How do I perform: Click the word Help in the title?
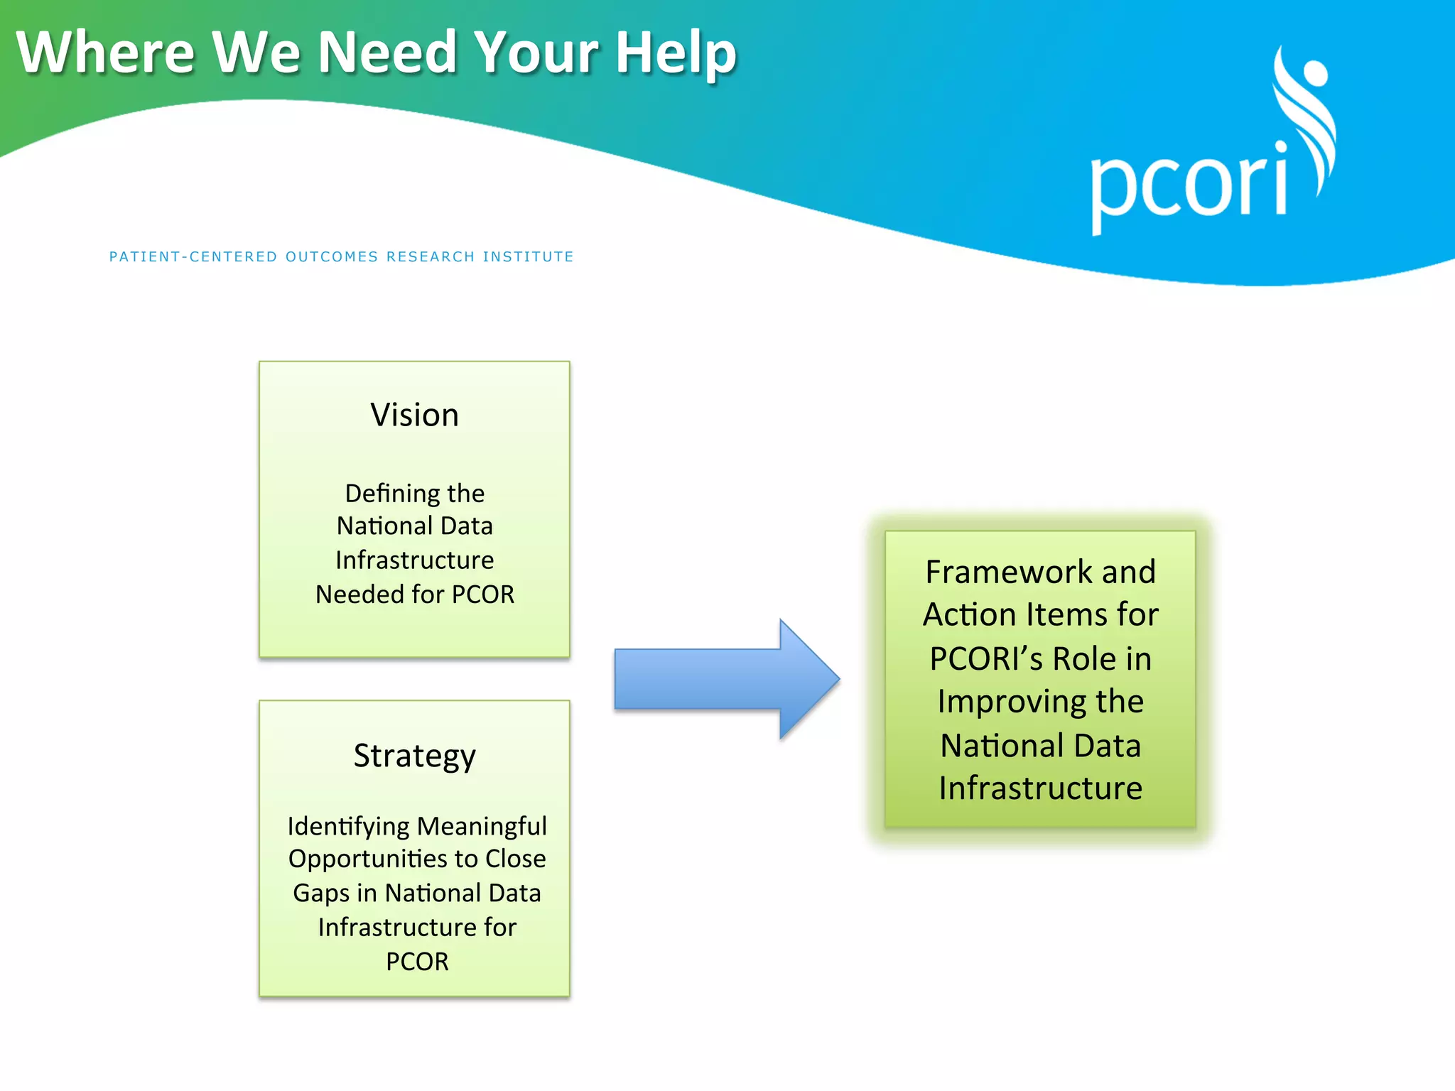(x=675, y=53)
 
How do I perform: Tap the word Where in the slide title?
(x=105, y=53)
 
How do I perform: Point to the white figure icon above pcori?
(x=1306, y=114)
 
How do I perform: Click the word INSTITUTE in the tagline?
(x=528, y=256)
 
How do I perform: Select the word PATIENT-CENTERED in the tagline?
(x=193, y=256)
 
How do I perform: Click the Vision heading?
(x=414, y=415)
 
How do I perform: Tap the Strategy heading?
(x=414, y=756)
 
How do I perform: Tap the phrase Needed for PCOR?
(x=414, y=595)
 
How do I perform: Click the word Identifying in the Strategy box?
(x=348, y=826)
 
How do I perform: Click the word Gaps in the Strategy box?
(x=320, y=893)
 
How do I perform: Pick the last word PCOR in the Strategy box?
(x=417, y=961)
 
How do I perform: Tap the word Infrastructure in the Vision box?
(x=414, y=560)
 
